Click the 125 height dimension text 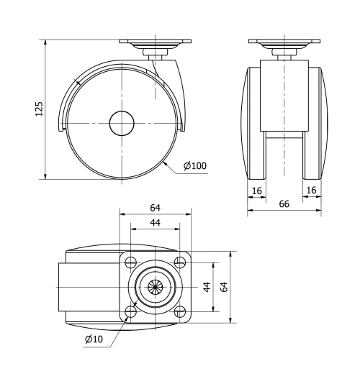coord(40,108)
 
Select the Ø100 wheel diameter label coord(195,166)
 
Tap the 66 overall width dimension coord(284,204)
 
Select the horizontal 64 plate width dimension coord(155,208)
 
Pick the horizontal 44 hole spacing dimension coord(155,224)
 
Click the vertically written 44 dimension coord(206,286)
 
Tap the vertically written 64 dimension coord(225,286)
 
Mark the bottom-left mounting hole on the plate coord(131,311)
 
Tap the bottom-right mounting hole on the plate coord(179,311)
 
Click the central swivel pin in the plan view coord(155,286)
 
